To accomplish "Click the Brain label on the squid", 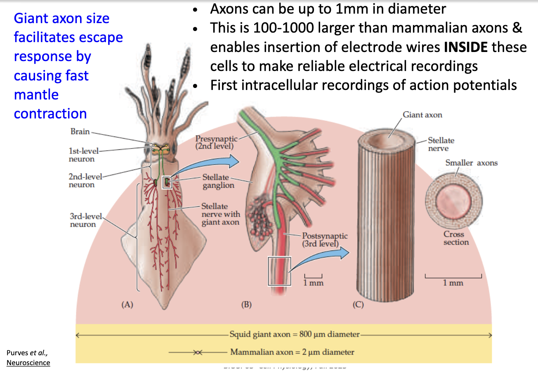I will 80,132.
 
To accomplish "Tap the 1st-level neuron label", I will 82,155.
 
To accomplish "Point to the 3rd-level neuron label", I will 83,220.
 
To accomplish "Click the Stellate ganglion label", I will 218,181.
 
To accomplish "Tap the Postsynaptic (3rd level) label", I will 325,240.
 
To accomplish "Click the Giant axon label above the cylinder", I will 422,115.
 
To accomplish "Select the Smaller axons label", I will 471,163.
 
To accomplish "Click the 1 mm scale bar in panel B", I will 314,276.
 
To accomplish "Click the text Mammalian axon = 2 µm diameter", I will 292,352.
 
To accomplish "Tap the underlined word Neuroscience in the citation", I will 28,363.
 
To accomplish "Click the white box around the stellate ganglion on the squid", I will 167,182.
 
